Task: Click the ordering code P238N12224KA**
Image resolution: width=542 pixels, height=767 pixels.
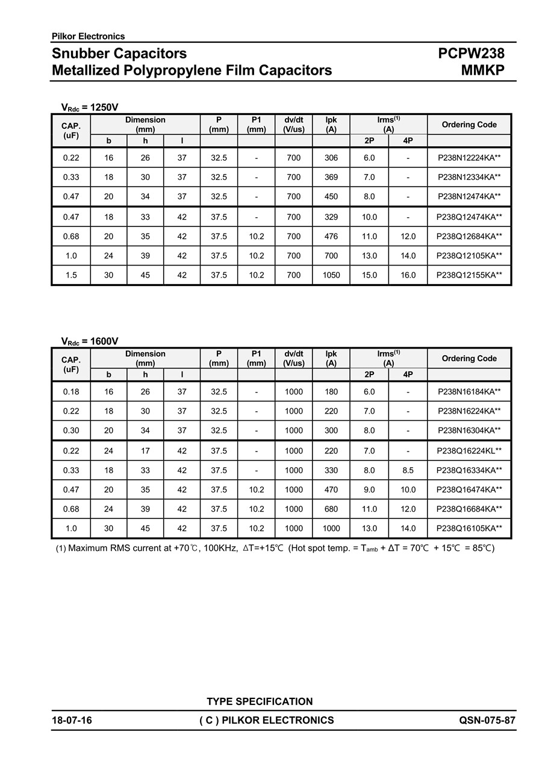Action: click(x=469, y=158)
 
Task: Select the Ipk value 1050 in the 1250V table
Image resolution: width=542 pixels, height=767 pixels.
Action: click(x=331, y=275)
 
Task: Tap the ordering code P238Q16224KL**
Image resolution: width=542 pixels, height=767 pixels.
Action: click(x=469, y=451)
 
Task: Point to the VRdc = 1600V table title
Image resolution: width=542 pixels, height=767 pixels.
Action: click(x=90, y=341)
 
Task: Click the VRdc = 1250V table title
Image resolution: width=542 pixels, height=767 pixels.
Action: click(x=90, y=108)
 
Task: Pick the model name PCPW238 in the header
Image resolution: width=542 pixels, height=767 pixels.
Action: click(x=471, y=54)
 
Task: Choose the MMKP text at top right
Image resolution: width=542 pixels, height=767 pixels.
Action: click(x=482, y=70)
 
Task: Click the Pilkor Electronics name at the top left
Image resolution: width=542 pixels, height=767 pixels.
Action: click(x=89, y=36)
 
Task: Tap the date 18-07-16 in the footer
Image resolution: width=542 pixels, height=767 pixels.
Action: click(x=72, y=720)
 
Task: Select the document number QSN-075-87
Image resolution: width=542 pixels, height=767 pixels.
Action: click(x=487, y=720)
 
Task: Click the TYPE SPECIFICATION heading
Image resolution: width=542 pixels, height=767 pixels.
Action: click(x=260, y=701)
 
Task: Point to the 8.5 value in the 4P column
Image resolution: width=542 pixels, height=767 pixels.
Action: click(x=408, y=470)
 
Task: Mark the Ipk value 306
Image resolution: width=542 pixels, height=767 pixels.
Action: click(x=331, y=158)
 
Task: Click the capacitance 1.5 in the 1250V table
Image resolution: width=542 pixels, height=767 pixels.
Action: click(x=71, y=275)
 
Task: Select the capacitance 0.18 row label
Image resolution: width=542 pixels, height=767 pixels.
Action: click(x=71, y=392)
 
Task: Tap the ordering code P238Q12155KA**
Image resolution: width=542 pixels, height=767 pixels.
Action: click(x=469, y=275)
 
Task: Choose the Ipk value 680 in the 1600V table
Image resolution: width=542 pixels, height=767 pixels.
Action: click(x=331, y=509)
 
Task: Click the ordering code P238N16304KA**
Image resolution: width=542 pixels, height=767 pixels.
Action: click(x=469, y=430)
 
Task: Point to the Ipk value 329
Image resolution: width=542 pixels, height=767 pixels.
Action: click(x=331, y=217)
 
